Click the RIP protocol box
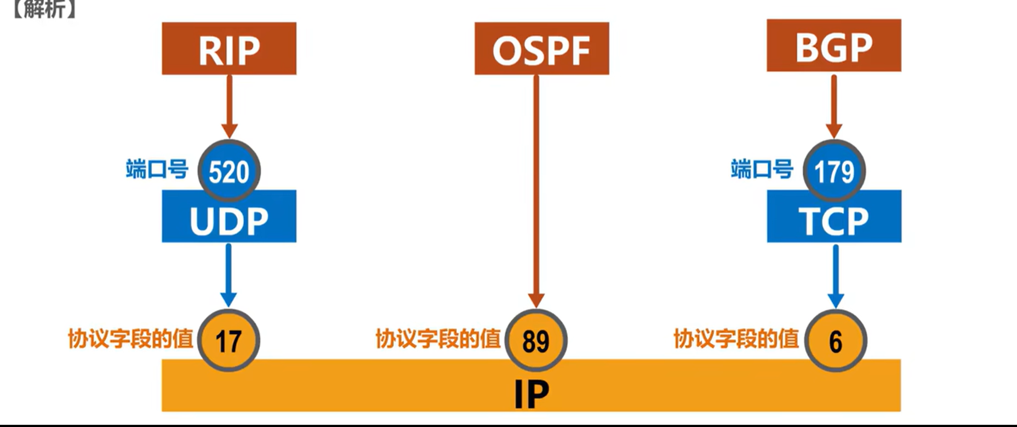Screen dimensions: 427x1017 [229, 49]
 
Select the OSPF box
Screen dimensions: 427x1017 [541, 49]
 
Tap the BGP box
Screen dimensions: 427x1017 [833, 46]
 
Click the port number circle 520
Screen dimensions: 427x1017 [229, 171]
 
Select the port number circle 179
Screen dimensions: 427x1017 [834, 171]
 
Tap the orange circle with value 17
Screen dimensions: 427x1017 [228, 340]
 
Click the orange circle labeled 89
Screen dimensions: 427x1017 [536, 340]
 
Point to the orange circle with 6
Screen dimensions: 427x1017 [836, 340]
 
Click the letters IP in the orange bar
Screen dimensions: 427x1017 [532, 394]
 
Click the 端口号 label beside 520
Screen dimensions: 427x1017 [157, 169]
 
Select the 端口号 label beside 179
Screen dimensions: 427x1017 [762, 169]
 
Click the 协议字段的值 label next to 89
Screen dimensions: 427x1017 [438, 339]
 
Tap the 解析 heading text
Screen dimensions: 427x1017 [44, 9]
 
